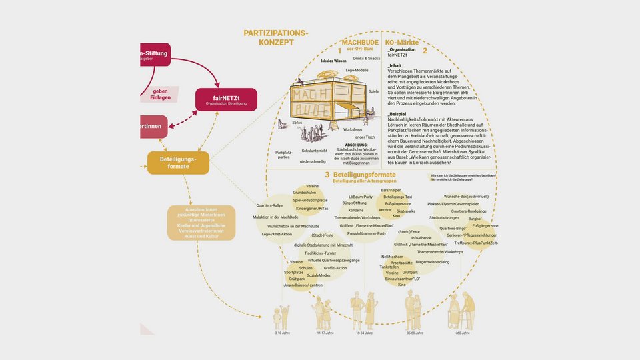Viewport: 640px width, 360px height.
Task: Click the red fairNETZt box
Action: pos(226,99)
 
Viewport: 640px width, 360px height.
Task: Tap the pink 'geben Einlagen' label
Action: pos(160,94)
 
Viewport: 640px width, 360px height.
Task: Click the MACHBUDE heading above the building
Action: pos(361,42)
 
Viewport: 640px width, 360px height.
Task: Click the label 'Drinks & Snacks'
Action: pos(367,59)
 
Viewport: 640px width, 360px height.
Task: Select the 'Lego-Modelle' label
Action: pos(357,70)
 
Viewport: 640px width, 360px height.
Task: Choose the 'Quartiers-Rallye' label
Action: pos(270,205)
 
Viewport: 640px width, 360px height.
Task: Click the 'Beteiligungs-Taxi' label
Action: pos(398,197)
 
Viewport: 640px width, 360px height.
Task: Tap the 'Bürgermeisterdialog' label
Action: pos(433,262)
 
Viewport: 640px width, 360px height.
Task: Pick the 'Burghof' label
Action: pos(475,218)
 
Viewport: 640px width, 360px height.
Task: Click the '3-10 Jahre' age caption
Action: pos(283,333)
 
